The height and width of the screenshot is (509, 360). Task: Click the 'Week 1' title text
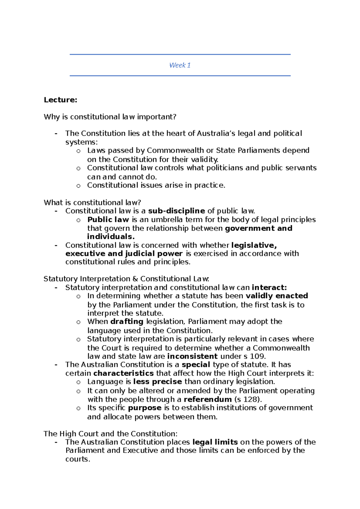coord(180,65)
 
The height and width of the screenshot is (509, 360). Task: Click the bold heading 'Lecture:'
coord(60,100)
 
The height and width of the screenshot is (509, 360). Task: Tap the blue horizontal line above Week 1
coord(180,54)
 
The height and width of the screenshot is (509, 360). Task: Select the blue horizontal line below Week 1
coord(180,76)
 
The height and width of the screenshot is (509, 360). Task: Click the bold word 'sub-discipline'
coord(176,211)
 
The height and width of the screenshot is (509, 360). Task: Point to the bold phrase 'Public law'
coord(108,219)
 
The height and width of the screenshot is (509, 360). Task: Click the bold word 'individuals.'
coord(111,237)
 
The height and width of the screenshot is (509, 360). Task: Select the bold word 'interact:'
coord(269,287)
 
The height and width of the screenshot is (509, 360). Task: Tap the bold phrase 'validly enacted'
coord(277,296)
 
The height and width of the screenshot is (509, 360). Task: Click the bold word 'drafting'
coord(127,322)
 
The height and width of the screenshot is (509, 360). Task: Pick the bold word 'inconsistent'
coord(192,356)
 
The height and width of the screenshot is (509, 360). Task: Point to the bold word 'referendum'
coord(208,399)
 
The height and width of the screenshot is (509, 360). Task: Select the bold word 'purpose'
coord(145,408)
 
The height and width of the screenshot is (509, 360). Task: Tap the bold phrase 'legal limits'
coord(215,442)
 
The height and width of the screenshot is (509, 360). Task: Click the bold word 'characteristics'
coord(123,373)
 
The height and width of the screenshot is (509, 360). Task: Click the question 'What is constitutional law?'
coord(92,202)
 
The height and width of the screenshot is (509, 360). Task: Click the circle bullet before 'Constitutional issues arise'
coord(78,186)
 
